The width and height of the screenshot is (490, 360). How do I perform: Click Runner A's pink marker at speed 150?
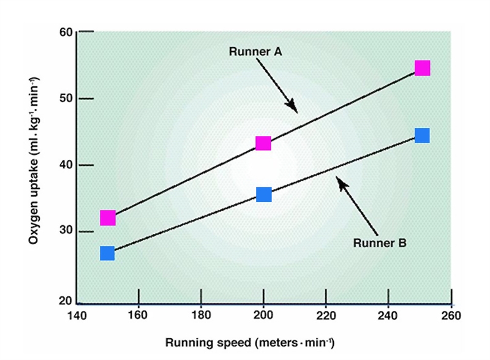108,217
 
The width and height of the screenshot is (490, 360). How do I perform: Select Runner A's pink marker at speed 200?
263,143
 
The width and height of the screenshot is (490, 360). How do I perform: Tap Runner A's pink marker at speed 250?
423,68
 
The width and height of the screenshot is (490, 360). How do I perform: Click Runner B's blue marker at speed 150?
107,253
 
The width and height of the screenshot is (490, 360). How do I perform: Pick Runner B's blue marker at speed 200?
264,194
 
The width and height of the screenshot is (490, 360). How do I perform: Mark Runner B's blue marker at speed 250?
422,135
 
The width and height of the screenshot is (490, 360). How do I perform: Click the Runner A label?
255,52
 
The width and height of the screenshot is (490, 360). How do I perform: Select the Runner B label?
380,242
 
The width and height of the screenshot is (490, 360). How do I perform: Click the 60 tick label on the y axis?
66,32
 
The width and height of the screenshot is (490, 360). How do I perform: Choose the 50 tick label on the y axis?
66,99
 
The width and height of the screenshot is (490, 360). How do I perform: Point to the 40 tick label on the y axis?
66,165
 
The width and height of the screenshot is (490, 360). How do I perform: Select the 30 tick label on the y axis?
66,231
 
